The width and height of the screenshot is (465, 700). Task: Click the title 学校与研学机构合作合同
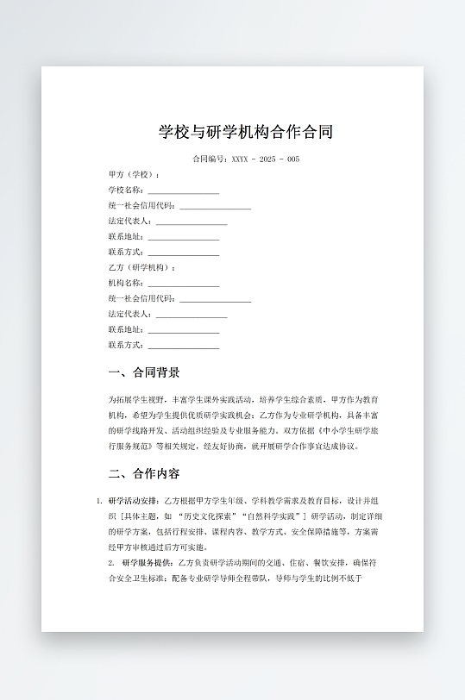click(246, 132)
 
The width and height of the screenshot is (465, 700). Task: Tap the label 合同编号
click(209, 159)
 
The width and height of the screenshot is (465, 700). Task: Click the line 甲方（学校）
click(134, 175)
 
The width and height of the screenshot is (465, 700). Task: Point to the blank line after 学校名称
click(183, 191)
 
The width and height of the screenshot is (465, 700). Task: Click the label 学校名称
click(125, 191)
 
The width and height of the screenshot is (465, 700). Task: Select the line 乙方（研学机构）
click(141, 268)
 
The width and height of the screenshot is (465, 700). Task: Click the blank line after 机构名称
click(183, 284)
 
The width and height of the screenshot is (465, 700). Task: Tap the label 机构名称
click(125, 284)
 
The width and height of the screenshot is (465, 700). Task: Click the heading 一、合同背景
click(144, 372)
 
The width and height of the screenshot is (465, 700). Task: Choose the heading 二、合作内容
click(144, 473)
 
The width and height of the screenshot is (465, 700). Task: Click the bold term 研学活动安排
click(134, 501)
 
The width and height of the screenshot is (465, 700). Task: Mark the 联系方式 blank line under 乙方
click(183, 347)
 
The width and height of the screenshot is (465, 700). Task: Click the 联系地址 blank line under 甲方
click(183, 238)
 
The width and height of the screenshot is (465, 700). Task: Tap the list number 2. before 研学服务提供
click(111, 563)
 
